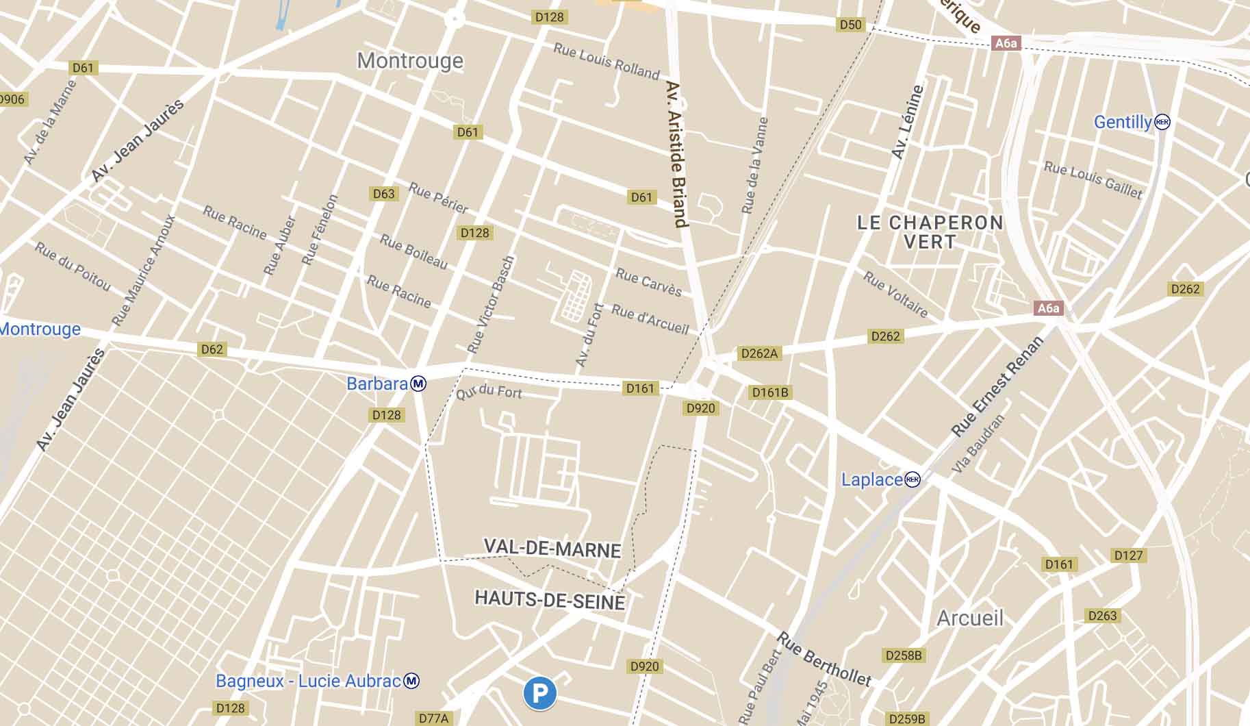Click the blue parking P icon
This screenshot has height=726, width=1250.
(539, 693)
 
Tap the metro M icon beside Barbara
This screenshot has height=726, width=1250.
(418, 384)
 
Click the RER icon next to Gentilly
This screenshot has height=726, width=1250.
(1162, 122)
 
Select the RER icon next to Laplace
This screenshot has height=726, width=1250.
(913, 479)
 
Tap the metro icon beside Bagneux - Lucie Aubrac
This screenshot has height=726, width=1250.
(411, 681)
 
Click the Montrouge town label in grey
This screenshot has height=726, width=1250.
(410, 61)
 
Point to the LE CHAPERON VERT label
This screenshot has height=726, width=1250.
(930, 232)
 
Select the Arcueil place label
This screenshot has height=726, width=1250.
(969, 618)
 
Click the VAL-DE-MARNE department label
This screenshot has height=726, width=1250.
(552, 549)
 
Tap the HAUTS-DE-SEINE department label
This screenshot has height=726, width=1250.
(550, 601)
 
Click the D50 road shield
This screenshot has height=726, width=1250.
(850, 25)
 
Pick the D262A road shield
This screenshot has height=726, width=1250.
(759, 353)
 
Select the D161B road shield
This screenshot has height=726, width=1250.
(770, 392)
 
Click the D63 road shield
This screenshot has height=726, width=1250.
(383, 194)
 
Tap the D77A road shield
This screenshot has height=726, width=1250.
(433, 718)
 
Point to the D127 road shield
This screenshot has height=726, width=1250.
(1127, 555)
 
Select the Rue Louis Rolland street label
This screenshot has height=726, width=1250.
(606, 61)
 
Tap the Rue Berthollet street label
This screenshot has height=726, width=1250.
(824, 660)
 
